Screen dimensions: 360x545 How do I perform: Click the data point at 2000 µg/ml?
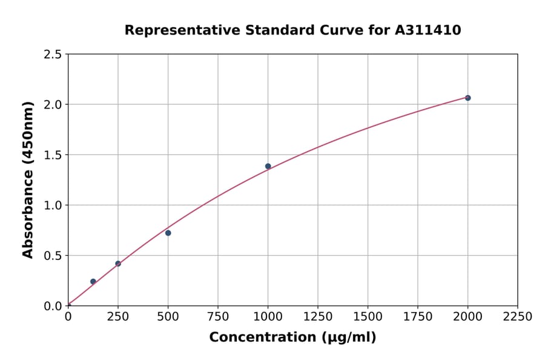(467, 98)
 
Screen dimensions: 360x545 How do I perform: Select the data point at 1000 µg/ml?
(268, 166)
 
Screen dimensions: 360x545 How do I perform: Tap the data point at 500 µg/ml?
(168, 233)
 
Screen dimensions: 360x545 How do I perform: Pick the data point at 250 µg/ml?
(118, 264)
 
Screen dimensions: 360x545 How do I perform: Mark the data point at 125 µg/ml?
(93, 281)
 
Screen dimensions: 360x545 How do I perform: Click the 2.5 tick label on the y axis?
(53, 55)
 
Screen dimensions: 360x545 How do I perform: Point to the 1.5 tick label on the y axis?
(53, 155)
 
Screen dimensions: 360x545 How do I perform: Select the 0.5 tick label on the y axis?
(53, 256)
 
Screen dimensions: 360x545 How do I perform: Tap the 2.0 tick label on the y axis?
(53, 105)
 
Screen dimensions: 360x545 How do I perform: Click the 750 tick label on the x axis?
(218, 316)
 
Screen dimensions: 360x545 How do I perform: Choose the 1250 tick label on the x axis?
(318, 316)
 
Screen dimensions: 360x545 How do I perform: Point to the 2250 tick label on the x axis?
(518, 316)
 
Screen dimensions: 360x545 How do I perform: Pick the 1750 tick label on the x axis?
(418, 316)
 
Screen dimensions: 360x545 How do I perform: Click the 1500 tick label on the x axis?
(368, 316)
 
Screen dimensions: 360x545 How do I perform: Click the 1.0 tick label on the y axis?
(53, 205)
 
